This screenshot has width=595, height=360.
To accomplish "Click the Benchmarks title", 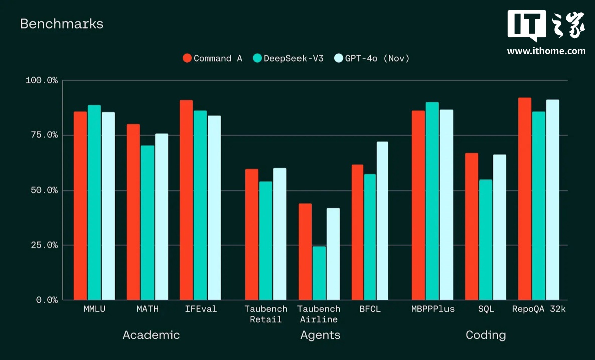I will (62, 24).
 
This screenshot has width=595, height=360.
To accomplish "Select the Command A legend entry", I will (212, 58).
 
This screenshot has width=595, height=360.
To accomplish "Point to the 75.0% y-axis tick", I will (42, 135).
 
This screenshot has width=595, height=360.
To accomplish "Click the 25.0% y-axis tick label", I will (42, 245).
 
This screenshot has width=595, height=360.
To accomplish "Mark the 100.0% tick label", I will (42, 80).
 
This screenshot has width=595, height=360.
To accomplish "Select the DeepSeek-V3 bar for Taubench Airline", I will (319, 273).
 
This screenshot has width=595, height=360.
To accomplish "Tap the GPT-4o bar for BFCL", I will (382, 221).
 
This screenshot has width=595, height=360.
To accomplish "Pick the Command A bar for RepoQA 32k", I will (525, 199).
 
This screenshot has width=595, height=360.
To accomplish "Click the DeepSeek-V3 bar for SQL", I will (486, 240).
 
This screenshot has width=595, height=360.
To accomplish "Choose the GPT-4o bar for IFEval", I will (214, 208).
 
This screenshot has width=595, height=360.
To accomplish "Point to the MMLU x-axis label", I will (95, 309).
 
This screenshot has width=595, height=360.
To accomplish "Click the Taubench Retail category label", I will (266, 314).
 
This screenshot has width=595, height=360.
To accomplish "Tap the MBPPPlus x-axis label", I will (432, 309).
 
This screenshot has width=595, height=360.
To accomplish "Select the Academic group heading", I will (151, 335).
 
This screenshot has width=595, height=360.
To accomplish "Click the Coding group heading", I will (486, 335).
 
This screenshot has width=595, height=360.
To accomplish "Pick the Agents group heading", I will (320, 335).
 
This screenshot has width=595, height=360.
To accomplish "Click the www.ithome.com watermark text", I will (546, 51).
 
